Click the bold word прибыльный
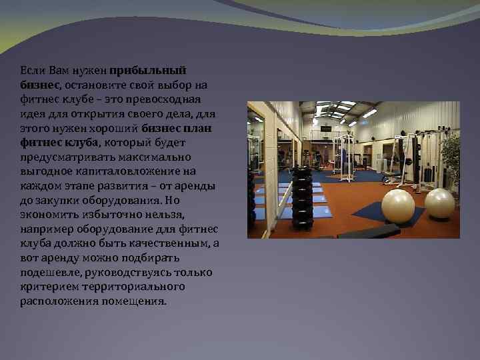click(148, 70)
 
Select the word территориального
click(123, 287)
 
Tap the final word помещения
click(133, 301)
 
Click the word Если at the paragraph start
click(31, 70)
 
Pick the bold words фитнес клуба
click(59, 142)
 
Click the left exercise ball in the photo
click(397, 206)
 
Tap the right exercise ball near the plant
click(439, 203)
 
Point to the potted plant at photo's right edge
click(451, 160)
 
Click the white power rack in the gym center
click(343, 157)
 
